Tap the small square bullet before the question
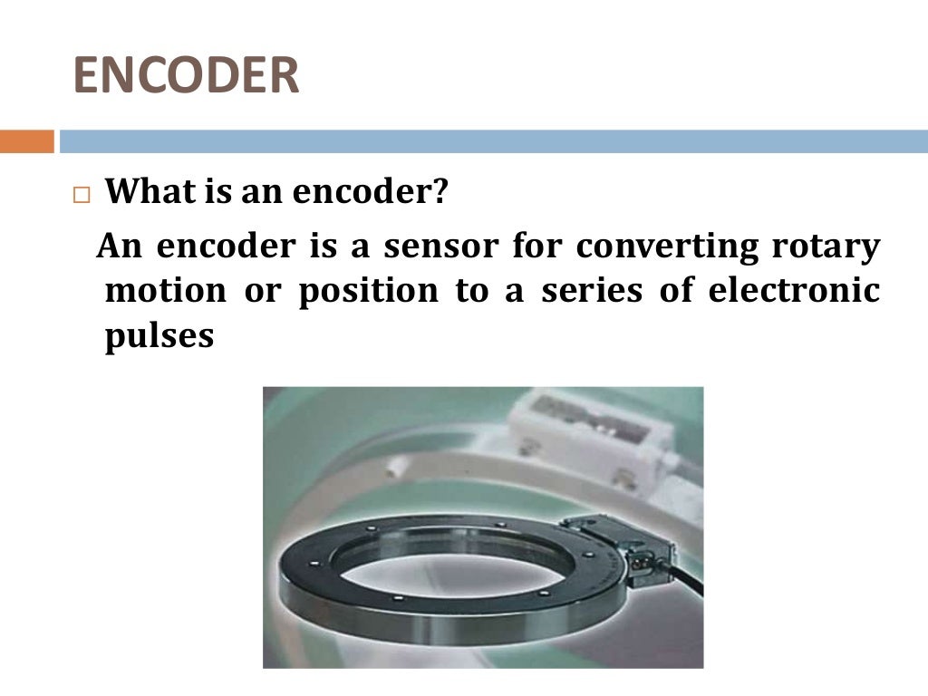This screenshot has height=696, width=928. tap(83, 196)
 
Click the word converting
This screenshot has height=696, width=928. tap(656, 246)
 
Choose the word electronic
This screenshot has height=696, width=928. tap(793, 291)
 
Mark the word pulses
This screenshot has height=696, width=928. tap(159, 336)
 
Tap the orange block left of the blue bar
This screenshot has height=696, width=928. tap(26, 142)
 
